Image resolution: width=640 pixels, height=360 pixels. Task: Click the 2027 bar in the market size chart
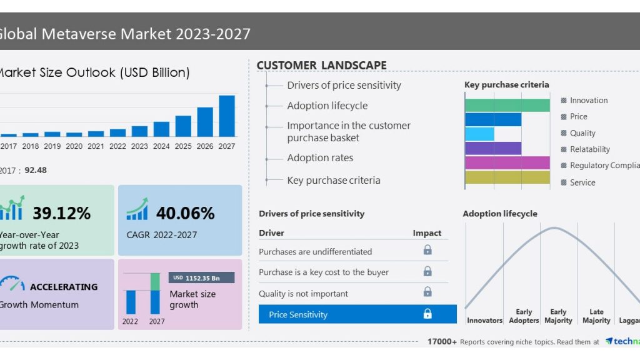click(227, 116)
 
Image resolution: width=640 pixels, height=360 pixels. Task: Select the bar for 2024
click(161, 129)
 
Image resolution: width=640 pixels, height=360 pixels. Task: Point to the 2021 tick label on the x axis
click(96, 146)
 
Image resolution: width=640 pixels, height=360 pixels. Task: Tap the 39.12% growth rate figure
click(61, 213)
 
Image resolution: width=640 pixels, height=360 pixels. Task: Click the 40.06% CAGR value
click(185, 213)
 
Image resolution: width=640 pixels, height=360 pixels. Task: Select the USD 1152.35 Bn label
click(201, 277)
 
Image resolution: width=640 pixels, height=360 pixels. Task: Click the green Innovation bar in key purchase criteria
click(507, 105)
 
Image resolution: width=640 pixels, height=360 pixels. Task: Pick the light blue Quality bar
click(479, 134)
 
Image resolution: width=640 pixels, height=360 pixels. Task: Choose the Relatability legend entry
click(589, 149)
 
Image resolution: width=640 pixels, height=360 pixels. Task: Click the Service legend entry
click(582, 182)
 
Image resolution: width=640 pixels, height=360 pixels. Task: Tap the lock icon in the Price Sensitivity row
click(427, 314)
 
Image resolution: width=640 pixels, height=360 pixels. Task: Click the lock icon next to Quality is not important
click(427, 292)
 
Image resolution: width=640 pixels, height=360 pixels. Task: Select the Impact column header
click(427, 233)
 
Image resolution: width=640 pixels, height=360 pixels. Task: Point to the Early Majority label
click(558, 316)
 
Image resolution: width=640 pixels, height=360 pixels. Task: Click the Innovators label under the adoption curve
click(484, 321)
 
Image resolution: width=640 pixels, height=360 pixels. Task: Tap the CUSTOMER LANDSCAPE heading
click(321, 66)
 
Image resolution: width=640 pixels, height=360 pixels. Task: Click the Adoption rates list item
click(320, 158)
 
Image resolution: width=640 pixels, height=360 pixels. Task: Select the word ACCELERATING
click(64, 287)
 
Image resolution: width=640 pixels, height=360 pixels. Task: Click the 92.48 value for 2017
click(36, 170)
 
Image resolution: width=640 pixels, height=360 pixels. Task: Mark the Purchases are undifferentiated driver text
click(315, 251)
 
